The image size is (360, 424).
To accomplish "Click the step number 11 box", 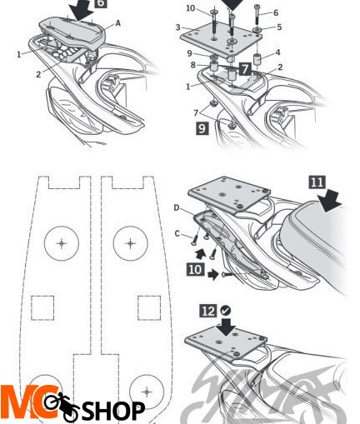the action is [x=317, y=182].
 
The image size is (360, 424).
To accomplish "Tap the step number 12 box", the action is [x=208, y=311].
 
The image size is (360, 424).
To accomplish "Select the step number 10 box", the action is [x=196, y=269].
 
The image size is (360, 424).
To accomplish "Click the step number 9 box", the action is [x=202, y=128].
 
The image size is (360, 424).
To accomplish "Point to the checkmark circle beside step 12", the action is [x=226, y=311].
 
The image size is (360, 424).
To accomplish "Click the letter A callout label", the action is [x=117, y=23].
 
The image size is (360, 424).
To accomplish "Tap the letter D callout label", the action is [x=177, y=207].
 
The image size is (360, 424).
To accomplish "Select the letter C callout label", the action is [x=177, y=234].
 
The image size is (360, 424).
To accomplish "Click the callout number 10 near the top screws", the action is [x=190, y=8].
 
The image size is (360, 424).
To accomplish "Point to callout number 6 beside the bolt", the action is [x=276, y=12].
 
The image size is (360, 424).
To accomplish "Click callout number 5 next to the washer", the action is [x=279, y=27].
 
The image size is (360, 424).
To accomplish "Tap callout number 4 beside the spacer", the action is [x=277, y=52].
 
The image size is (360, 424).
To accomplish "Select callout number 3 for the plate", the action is [x=178, y=27].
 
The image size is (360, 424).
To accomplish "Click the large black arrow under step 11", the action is [x=329, y=201].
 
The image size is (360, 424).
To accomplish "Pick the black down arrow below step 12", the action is [x=227, y=327].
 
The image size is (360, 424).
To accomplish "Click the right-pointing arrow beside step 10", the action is [x=213, y=275].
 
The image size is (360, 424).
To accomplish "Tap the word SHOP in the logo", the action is [x=113, y=410].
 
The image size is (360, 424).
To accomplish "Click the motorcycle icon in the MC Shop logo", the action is [x=62, y=406].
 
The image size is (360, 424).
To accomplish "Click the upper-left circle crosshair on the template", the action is [x=62, y=243].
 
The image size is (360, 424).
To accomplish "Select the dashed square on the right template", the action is [x=149, y=307].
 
